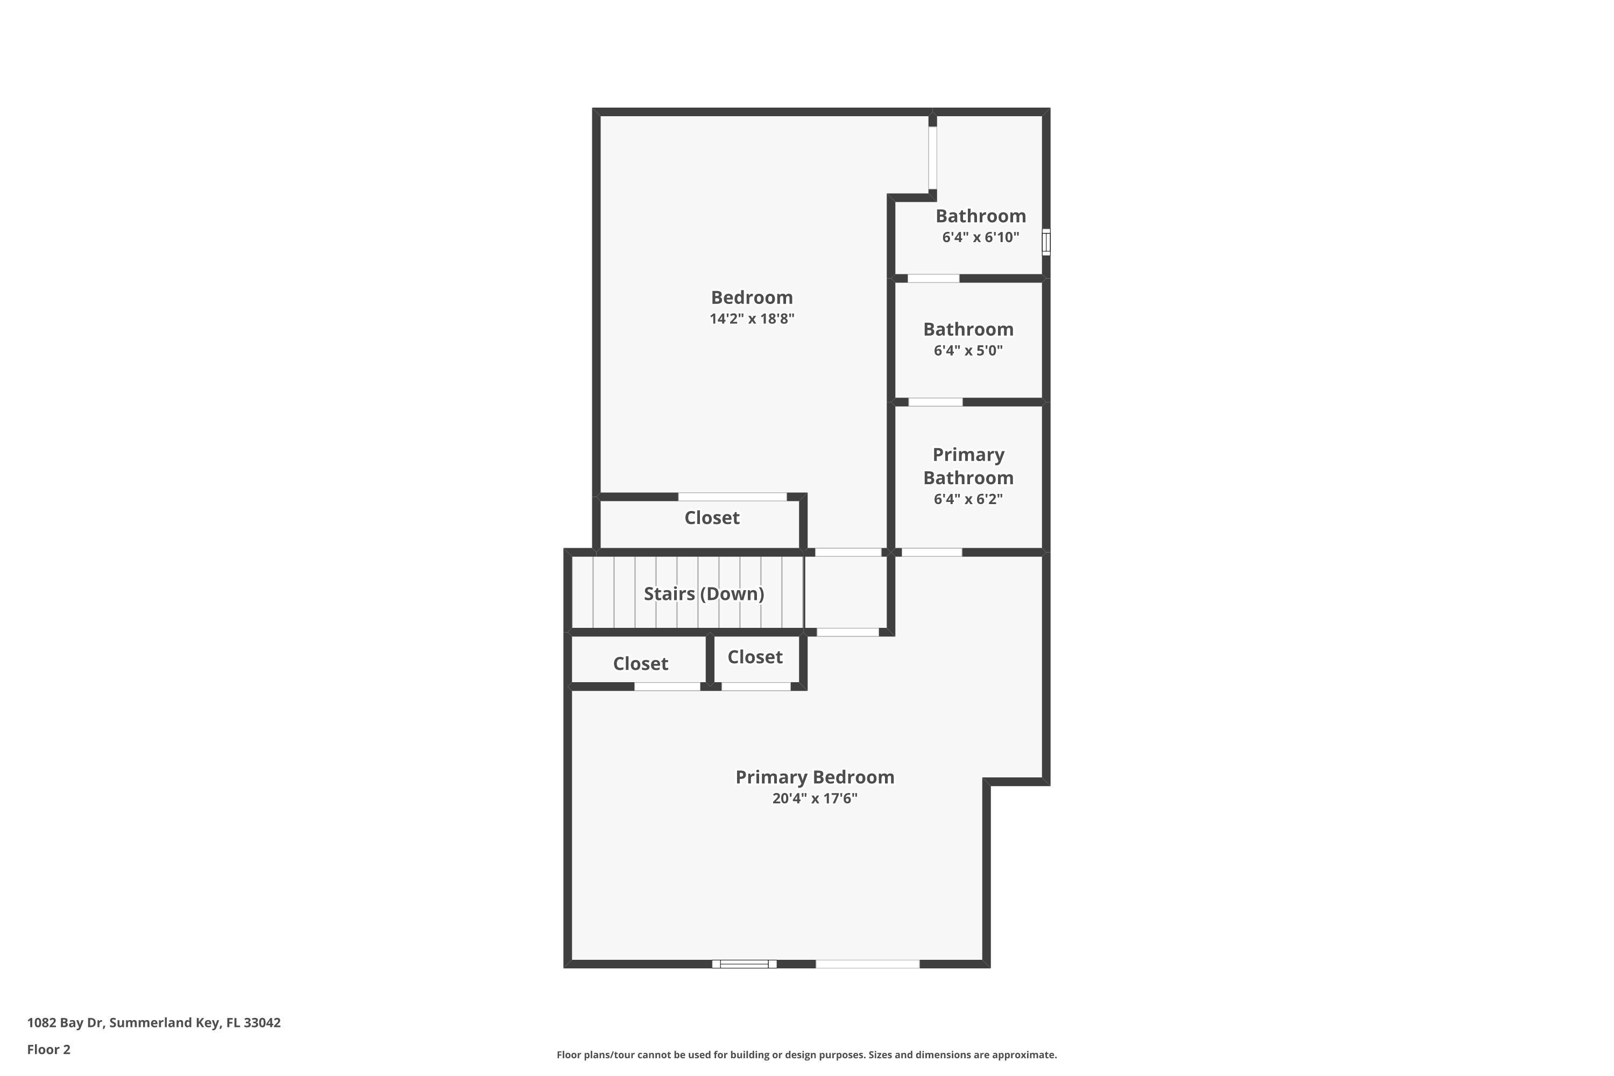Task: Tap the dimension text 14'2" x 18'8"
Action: pos(752,318)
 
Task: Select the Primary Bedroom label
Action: pos(815,777)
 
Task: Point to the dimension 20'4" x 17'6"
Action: pos(815,798)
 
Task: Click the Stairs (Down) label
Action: pos(703,593)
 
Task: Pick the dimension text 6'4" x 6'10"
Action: pos(980,237)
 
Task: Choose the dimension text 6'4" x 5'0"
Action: pos(967,351)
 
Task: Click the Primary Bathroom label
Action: pos(967,466)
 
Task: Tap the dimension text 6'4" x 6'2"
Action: pos(967,499)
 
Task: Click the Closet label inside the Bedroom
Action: pos(712,518)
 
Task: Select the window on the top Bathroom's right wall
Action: pos(1046,242)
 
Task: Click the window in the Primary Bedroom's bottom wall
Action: pos(744,964)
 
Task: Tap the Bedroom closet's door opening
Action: pos(732,497)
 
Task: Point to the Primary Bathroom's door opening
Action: pos(931,553)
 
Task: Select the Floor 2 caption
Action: pos(49,1049)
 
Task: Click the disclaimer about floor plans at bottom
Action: pos(806,1054)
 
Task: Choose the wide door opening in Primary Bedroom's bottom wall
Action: pos(867,964)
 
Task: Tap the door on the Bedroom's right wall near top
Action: pos(932,158)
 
